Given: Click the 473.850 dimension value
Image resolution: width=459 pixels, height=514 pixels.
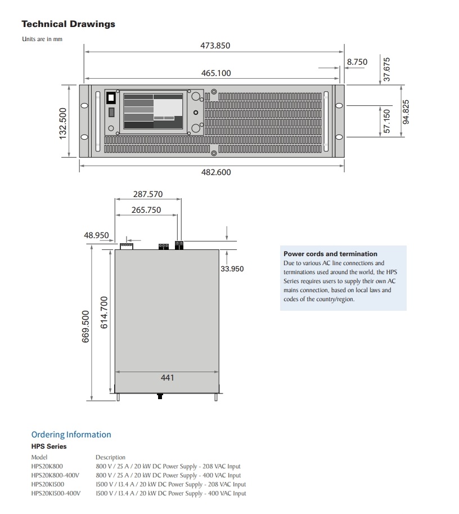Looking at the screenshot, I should click(x=215, y=46).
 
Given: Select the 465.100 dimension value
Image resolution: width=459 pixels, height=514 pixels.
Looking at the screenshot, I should click(x=216, y=73).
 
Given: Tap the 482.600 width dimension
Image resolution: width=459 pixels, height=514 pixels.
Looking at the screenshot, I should click(x=216, y=172).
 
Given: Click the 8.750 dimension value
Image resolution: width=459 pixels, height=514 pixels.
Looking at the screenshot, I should click(x=357, y=62).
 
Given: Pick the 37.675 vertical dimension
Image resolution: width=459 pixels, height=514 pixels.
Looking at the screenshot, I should click(x=386, y=69).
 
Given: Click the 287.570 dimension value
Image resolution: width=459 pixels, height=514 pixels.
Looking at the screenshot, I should click(x=147, y=194).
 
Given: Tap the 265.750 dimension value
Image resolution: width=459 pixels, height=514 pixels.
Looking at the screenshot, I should click(x=146, y=210).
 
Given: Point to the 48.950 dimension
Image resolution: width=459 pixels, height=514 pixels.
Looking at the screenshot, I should click(x=96, y=235).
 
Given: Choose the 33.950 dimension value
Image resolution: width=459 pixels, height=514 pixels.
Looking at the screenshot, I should click(x=232, y=269).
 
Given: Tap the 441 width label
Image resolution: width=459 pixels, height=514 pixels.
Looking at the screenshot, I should click(x=168, y=378).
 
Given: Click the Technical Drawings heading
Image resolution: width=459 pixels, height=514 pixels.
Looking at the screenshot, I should click(x=68, y=24).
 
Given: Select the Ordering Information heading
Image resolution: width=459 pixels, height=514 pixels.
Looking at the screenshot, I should click(x=71, y=435).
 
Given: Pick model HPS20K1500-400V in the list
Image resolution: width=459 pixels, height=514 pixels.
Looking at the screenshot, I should click(x=56, y=493).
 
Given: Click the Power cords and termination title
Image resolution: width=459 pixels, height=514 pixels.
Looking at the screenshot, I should click(x=330, y=254).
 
